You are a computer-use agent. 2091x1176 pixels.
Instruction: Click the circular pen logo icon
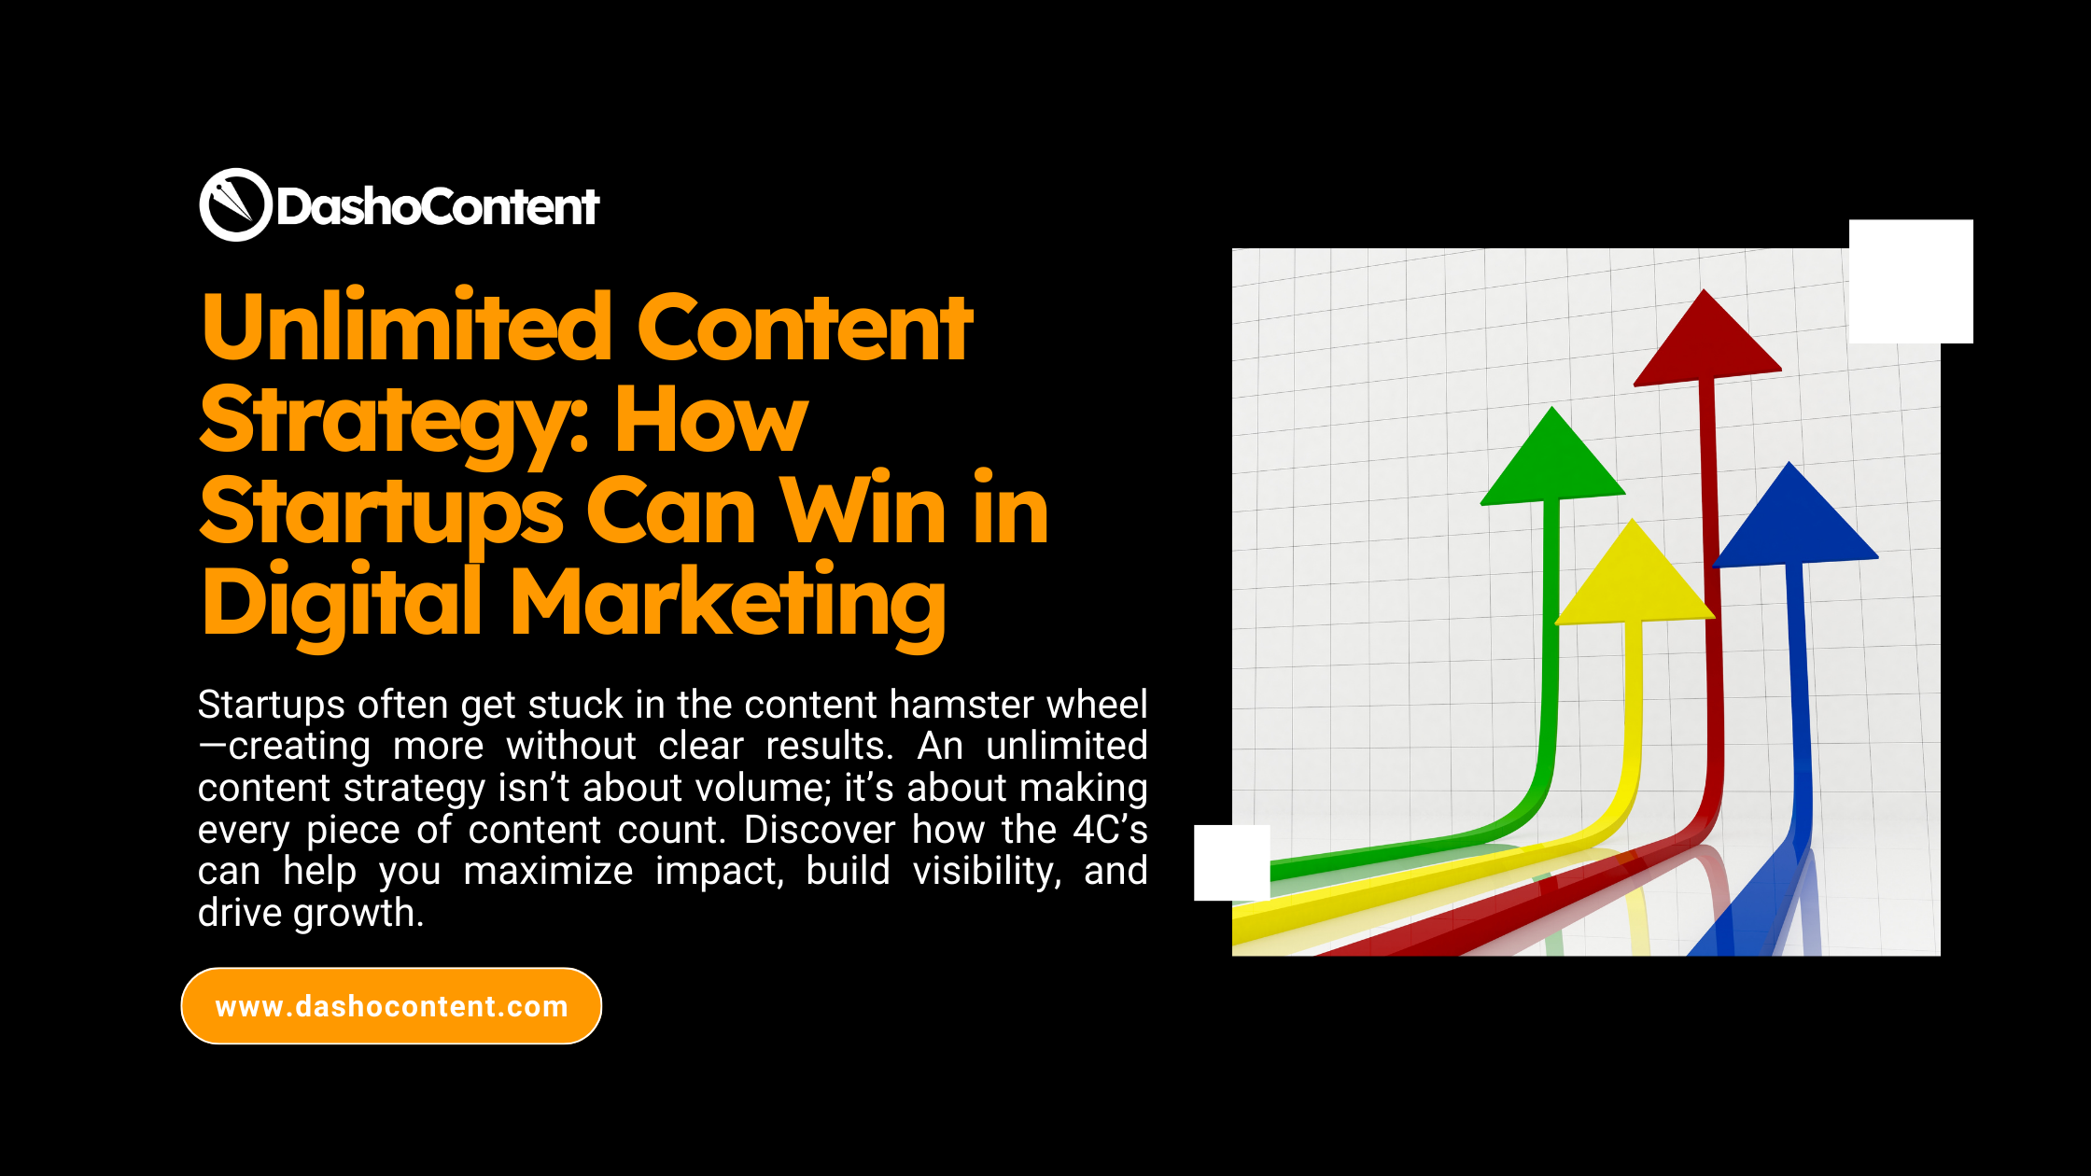[x=235, y=204]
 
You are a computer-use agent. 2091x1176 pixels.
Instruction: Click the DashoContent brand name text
[x=437, y=206]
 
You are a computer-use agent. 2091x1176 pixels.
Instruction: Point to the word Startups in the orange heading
[x=381, y=511]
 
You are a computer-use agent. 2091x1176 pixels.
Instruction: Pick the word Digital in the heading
[x=342, y=602]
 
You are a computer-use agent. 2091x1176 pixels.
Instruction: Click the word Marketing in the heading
[x=728, y=602]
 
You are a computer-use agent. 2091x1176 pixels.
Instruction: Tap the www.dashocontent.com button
[x=391, y=1006]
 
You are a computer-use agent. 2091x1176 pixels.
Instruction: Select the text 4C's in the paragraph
[x=1110, y=830]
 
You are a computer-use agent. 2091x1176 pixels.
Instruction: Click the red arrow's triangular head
[x=1706, y=345]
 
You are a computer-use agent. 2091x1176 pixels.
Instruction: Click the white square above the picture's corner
[x=1911, y=281]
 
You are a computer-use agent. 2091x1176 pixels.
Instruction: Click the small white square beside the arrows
[x=1231, y=862]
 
